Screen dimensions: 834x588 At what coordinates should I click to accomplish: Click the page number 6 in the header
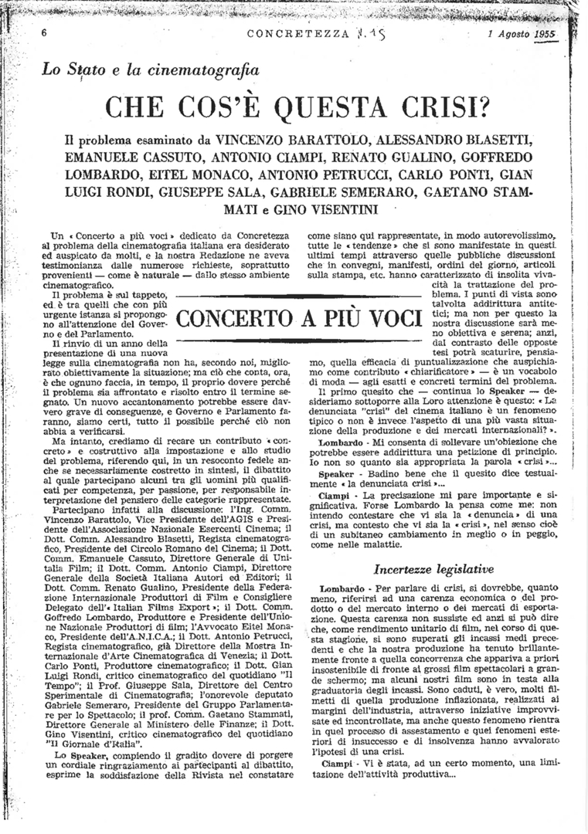click(45, 33)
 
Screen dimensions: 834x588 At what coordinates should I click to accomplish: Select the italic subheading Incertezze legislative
click(422, 569)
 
